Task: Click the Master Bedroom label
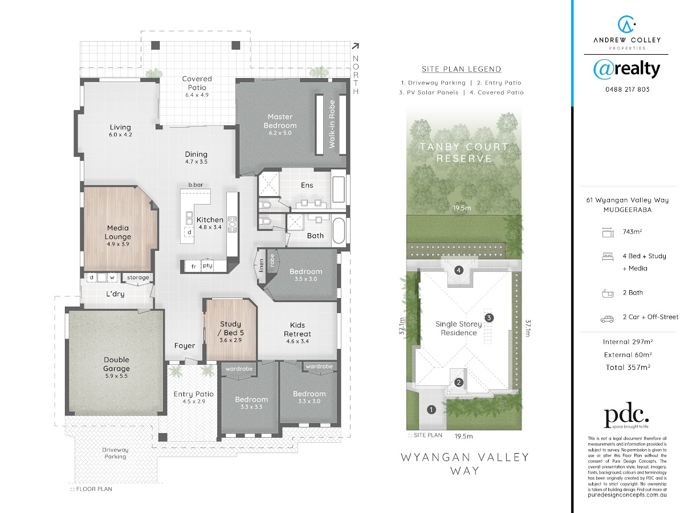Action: pos(280,121)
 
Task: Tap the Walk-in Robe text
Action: pos(332,124)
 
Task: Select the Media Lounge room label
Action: pos(118,233)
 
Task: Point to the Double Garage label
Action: pos(116,364)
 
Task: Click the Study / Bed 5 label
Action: pos(231,328)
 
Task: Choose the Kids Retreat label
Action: pos(298,329)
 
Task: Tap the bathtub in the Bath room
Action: pos(339,230)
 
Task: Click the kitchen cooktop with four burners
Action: pos(232,224)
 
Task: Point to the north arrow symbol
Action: pos(355,46)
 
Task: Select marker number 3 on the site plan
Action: pos(489,317)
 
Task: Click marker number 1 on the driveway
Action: pos(431,410)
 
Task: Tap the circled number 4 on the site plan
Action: pos(458,270)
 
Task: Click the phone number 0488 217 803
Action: pos(628,89)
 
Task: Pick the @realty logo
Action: pos(626,70)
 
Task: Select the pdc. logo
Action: pos(626,415)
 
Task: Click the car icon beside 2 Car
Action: pos(607,319)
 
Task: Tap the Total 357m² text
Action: pos(628,368)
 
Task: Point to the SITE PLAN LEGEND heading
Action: pos(461,69)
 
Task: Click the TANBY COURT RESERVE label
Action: pos(464,153)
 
